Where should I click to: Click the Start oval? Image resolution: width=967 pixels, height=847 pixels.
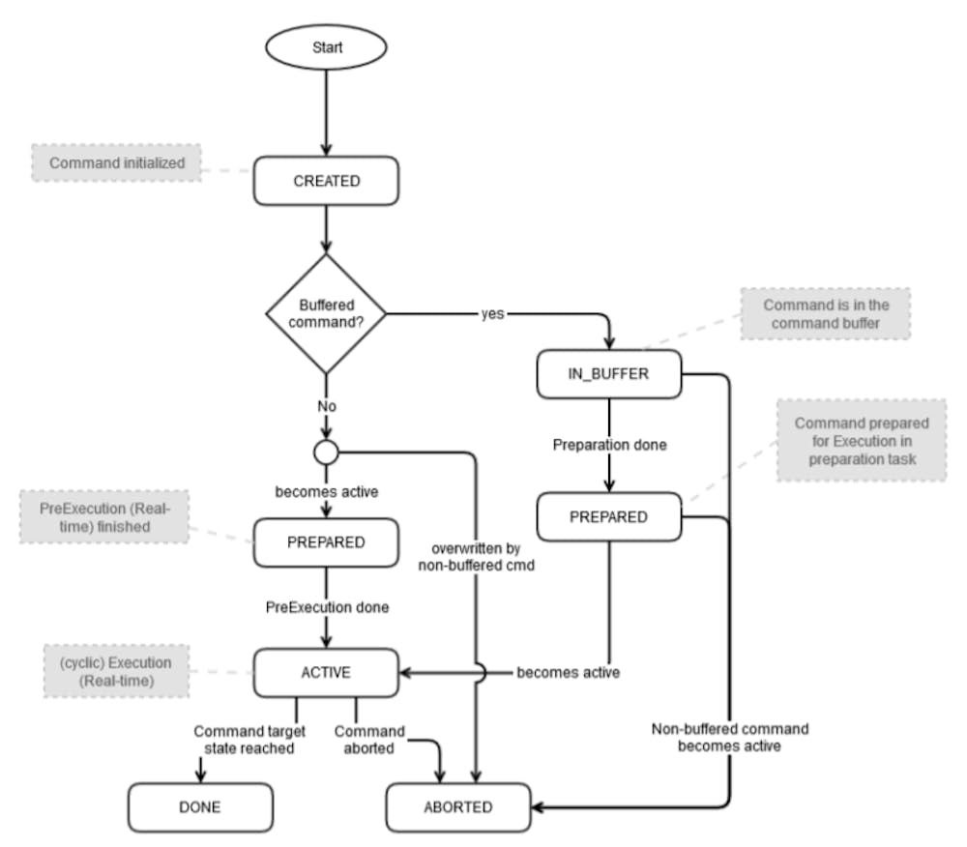click(x=326, y=46)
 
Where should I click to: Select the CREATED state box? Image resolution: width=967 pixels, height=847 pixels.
click(x=326, y=181)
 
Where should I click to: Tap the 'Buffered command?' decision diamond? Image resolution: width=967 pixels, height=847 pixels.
click(x=326, y=314)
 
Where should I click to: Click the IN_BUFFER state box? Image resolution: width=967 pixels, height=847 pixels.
click(x=609, y=374)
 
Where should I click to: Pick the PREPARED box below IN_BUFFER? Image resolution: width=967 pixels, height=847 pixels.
click(x=609, y=516)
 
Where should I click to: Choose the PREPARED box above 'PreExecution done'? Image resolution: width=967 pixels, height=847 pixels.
click(x=326, y=542)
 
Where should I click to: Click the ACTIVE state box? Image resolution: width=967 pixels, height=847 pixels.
click(x=326, y=673)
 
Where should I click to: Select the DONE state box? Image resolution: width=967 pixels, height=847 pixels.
click(x=200, y=807)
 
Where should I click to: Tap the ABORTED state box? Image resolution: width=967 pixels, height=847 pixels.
click(x=458, y=807)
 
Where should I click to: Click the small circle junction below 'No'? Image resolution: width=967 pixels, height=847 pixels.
click(x=326, y=452)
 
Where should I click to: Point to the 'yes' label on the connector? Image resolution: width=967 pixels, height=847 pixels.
click(x=493, y=314)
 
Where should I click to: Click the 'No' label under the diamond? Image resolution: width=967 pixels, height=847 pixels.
click(x=327, y=406)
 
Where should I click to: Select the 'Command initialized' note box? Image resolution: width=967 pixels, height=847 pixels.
click(x=117, y=162)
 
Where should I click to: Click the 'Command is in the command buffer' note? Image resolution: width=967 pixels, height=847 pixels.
click(x=826, y=314)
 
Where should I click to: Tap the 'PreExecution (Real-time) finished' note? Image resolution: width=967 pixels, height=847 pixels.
click(x=104, y=517)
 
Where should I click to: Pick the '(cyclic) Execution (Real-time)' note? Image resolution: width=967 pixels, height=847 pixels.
click(x=117, y=671)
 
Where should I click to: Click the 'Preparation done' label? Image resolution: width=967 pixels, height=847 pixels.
click(x=610, y=445)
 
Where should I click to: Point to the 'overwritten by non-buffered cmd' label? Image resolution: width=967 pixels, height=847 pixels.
click(x=476, y=557)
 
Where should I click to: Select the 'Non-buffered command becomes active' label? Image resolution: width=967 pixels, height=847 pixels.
click(x=730, y=738)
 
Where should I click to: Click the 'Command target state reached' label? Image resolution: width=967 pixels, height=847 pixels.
click(x=249, y=740)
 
